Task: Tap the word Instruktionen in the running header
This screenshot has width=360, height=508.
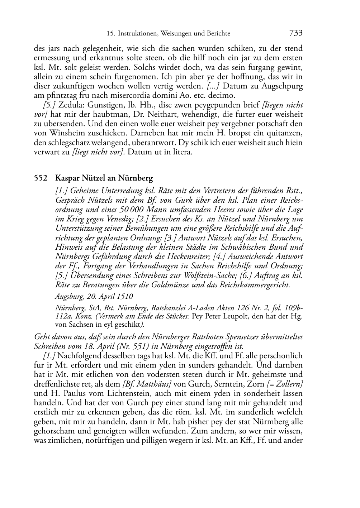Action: click(137, 34)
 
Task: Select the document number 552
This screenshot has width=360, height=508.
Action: click(40, 178)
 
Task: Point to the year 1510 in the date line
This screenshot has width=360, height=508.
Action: click(124, 296)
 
